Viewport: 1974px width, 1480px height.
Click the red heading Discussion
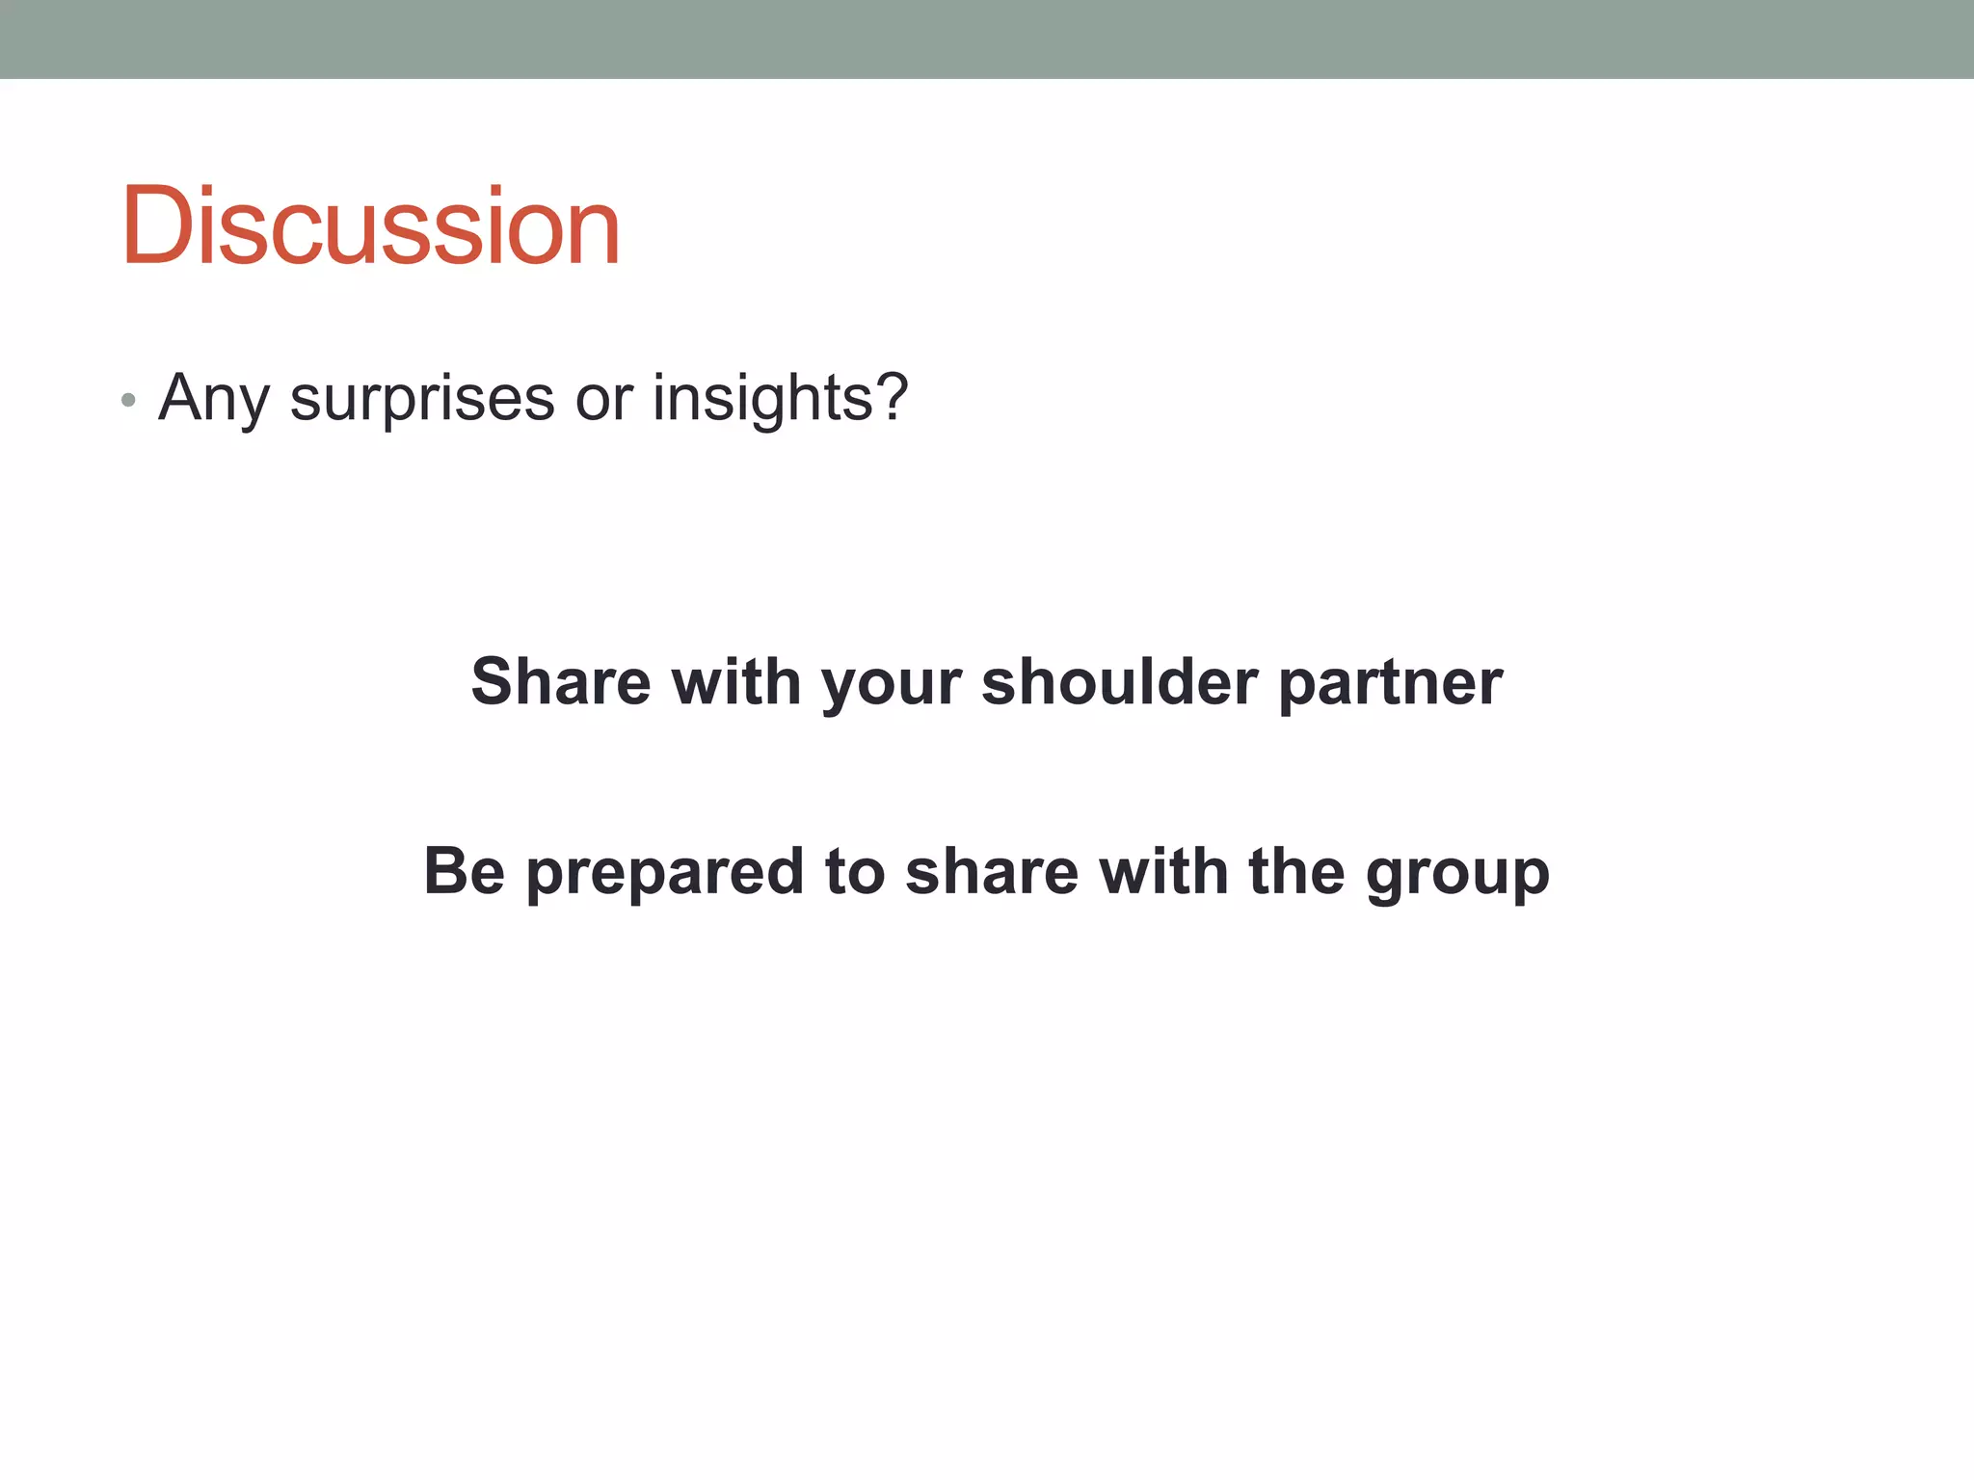coord(370,226)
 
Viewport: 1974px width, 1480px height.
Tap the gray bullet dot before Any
coord(128,400)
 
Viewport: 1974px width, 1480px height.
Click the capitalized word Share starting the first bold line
coord(561,682)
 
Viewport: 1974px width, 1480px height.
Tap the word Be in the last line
coord(465,871)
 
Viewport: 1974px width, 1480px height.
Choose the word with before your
coord(736,682)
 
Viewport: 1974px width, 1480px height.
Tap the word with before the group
coord(1163,871)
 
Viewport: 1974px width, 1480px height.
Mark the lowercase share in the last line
coord(992,871)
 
